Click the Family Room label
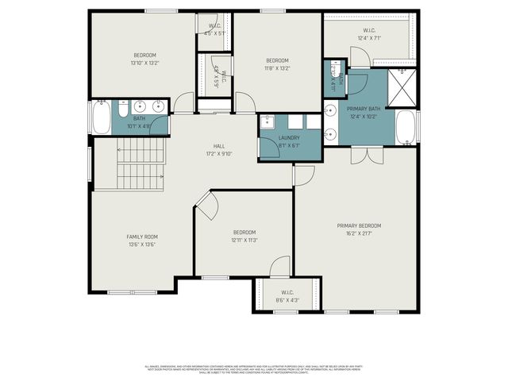click(142, 237)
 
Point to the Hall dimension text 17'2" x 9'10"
click(219, 154)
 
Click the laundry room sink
click(267, 122)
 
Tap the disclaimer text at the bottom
click(254, 369)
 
